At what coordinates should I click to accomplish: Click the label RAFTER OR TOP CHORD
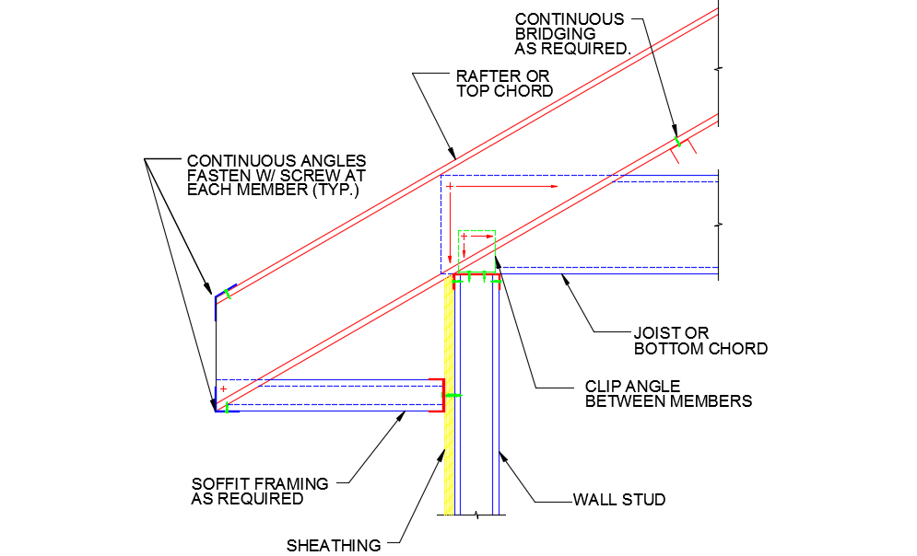(x=504, y=83)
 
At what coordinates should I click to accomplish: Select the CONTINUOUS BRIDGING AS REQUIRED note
(x=572, y=34)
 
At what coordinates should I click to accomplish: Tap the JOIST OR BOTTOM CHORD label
(x=700, y=341)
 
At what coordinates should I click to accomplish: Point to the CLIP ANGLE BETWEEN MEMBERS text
(x=668, y=394)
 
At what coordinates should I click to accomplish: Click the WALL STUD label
(x=619, y=500)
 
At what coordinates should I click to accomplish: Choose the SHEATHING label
(x=334, y=545)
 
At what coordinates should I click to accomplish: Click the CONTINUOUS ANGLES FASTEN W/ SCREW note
(x=276, y=175)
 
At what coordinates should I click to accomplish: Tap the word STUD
(x=644, y=500)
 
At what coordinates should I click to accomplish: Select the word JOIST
(x=655, y=333)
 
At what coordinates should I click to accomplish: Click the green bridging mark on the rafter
(x=677, y=141)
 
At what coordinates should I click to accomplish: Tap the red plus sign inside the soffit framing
(x=222, y=389)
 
